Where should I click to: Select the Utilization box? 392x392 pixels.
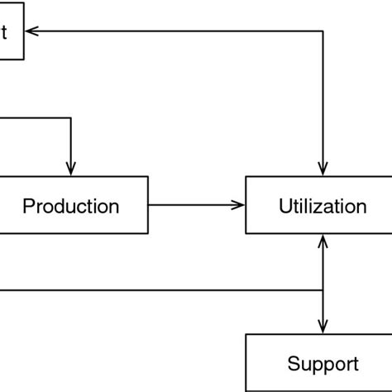click(x=318, y=205)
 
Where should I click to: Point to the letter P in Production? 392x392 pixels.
click(x=28, y=206)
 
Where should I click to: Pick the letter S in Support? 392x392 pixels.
click(x=293, y=363)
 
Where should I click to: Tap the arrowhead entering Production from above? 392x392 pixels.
click(x=73, y=168)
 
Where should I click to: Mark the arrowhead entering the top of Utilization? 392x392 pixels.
click(x=322, y=168)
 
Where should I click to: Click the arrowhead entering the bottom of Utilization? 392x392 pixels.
click(x=322, y=241)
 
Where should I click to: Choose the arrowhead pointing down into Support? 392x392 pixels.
click(x=322, y=326)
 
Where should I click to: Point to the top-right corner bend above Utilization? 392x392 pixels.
click(x=322, y=32)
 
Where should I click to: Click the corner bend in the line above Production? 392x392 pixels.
click(x=73, y=118)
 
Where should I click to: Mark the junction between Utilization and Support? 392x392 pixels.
click(x=322, y=290)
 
